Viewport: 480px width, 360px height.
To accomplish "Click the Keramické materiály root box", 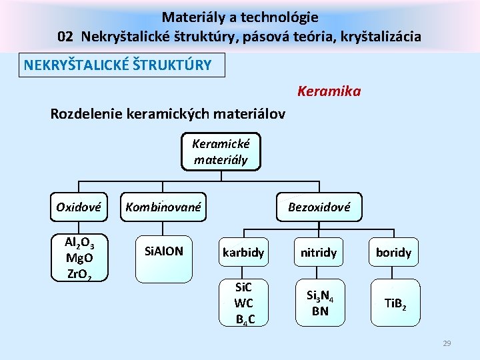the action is coord(220,151).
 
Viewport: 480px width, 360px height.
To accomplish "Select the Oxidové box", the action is coord(79,207).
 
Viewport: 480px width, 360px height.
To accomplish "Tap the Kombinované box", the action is coord(163,207).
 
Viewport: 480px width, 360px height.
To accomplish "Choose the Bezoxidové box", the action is coord(319,207).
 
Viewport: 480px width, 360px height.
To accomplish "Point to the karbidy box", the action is coord(243,253).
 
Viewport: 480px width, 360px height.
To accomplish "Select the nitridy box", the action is coord(319,253).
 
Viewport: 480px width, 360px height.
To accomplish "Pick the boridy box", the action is coord(393,253).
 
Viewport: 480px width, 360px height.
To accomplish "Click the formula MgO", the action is coord(79,257).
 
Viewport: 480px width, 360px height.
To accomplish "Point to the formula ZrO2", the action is coord(79,271).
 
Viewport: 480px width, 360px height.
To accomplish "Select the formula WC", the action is coord(243,303).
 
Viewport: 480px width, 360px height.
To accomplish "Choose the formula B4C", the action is coord(243,318).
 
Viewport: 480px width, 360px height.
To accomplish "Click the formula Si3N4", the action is coord(320,295).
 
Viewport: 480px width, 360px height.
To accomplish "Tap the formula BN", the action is coord(320,311).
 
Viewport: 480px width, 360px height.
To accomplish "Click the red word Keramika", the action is coord(329,91).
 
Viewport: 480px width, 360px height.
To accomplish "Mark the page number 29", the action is coord(447,343).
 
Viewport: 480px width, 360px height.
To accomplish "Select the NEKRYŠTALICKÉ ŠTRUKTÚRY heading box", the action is coord(121,65).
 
